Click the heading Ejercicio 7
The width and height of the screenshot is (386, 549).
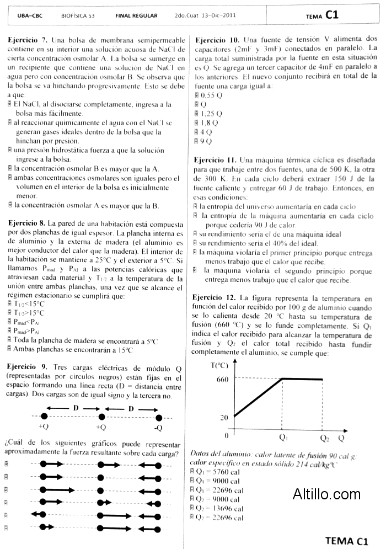tap(28, 41)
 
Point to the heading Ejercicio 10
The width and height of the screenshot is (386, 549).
tap(216, 40)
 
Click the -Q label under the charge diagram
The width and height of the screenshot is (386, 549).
tap(158, 428)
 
